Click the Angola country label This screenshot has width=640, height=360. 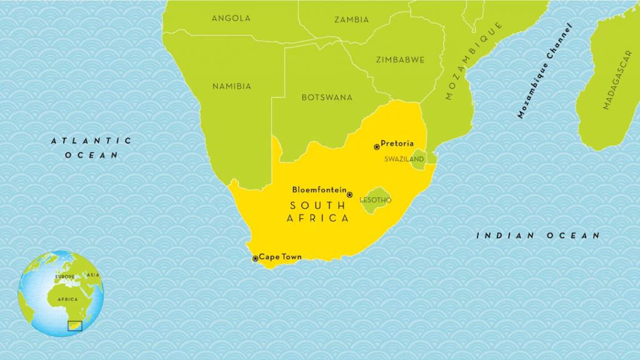(x=231, y=18)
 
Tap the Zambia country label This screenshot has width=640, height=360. (x=351, y=19)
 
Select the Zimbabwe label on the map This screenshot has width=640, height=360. (x=400, y=60)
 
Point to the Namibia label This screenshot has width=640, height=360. (x=231, y=86)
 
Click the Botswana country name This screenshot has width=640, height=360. (x=327, y=97)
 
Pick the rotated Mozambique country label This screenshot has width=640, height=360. (x=474, y=61)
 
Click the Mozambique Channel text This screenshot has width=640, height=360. (x=544, y=71)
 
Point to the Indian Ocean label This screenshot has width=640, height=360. (x=538, y=236)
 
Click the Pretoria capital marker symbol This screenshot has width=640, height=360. (x=376, y=147)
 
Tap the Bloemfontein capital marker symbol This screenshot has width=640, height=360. (x=349, y=194)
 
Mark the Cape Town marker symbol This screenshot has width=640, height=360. (x=255, y=258)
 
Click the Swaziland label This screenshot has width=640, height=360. (x=404, y=159)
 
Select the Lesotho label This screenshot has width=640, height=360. (x=376, y=200)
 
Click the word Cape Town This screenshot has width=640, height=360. (x=281, y=257)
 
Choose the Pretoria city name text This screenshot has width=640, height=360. (x=397, y=144)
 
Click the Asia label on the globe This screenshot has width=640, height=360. (x=93, y=275)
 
